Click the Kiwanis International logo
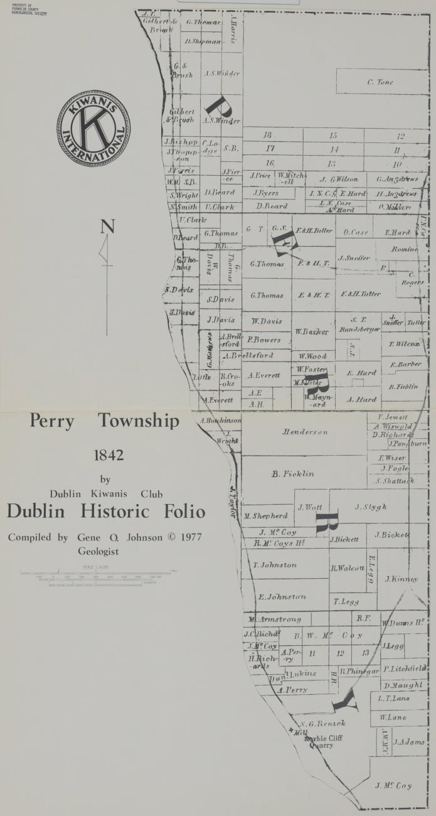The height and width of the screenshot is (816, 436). tap(94, 128)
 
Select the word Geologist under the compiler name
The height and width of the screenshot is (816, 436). tap(98, 552)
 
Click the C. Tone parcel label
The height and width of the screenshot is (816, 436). tap(380, 82)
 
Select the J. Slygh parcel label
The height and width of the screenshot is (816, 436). tap(370, 507)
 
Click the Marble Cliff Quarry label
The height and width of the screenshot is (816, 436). tap(324, 742)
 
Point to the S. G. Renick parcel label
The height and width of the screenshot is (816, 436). tap(319, 724)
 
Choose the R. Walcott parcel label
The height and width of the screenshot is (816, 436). tap(348, 568)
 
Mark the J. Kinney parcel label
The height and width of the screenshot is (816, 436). tap(401, 579)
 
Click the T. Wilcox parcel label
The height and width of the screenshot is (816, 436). tap(404, 344)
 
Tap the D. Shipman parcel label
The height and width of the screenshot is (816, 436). tap(203, 42)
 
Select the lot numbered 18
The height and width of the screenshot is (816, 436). tap(268, 135)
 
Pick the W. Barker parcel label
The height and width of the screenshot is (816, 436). tap(312, 331)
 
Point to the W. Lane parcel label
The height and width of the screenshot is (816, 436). tap(392, 717)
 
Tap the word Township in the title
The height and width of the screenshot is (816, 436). tap(138, 421)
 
